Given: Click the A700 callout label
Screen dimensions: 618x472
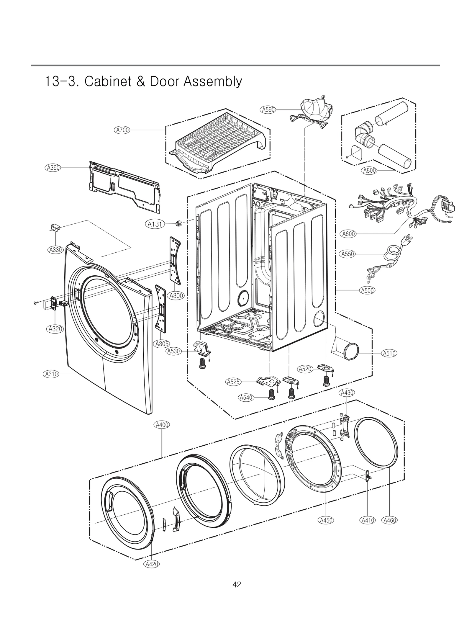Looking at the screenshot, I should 122,130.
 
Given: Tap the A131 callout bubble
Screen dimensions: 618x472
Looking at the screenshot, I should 155,224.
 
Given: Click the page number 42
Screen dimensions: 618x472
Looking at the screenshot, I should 237,584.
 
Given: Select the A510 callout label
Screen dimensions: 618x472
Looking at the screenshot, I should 389,353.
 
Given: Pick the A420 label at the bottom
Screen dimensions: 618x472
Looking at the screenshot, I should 152,564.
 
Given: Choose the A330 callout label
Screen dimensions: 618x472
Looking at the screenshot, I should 55,250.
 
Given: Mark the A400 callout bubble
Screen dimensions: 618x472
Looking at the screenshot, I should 162,425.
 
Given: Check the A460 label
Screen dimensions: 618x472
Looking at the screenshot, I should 389,520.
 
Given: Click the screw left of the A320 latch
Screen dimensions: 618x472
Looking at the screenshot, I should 36,303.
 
